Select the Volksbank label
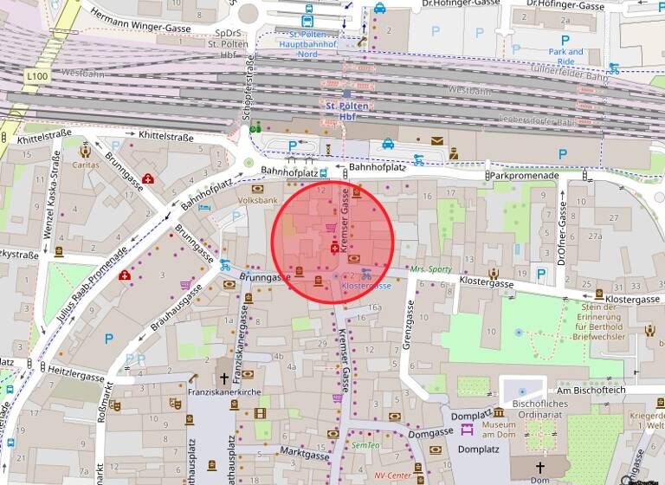(x=257, y=200)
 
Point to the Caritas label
(x=86, y=165)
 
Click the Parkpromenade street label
(x=524, y=175)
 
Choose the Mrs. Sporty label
(x=431, y=269)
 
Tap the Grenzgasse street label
(x=408, y=325)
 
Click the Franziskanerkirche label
(x=224, y=391)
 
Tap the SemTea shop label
(x=365, y=445)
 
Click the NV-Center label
(x=391, y=475)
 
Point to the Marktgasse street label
(x=305, y=453)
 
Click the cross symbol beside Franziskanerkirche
(x=224, y=378)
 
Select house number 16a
(x=375, y=307)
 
